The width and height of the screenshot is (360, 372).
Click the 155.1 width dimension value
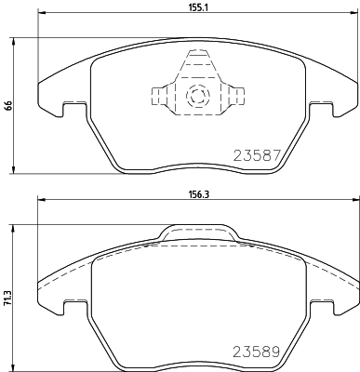point(197,7)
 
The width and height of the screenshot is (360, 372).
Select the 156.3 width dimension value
point(197,194)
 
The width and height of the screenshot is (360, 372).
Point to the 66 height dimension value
point(8,106)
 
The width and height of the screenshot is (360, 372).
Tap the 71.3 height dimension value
point(7,299)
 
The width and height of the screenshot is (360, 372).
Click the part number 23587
point(257,155)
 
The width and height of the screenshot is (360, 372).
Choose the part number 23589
point(257,352)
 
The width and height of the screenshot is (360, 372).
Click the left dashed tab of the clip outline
point(158,96)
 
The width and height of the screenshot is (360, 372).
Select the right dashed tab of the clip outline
point(237,96)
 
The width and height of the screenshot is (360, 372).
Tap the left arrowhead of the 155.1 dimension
point(41,13)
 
